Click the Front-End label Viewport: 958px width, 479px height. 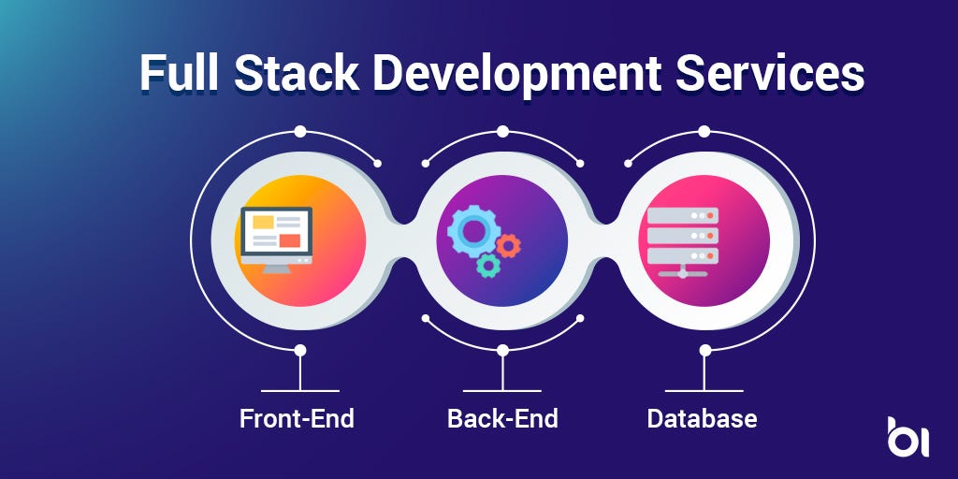click(x=297, y=417)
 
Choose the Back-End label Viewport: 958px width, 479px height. click(x=502, y=417)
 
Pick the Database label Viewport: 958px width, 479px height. click(x=702, y=417)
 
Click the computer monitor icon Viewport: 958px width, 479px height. click(x=277, y=238)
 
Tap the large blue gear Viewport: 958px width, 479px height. click(x=471, y=231)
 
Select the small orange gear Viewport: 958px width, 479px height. click(x=508, y=246)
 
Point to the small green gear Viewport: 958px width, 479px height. click(x=487, y=265)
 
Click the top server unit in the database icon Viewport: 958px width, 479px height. click(x=682, y=215)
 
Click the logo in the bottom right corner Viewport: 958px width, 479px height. click(x=907, y=437)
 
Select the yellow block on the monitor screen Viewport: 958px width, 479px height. click(x=263, y=224)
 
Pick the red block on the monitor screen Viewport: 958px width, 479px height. click(x=290, y=240)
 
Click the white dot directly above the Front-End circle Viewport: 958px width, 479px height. click(x=300, y=131)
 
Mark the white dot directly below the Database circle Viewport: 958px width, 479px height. click(x=705, y=350)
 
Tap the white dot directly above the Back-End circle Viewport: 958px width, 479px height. click(x=502, y=131)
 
